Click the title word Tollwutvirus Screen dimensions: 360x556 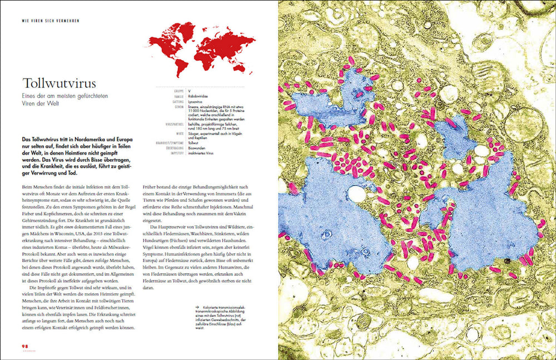(x=59, y=83)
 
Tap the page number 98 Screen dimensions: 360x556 (x=25, y=346)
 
